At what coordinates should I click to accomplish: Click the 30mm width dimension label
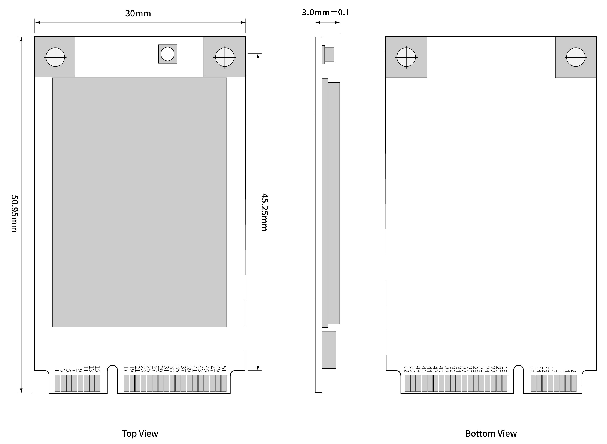pos(138,13)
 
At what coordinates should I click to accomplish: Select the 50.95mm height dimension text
pos(14,214)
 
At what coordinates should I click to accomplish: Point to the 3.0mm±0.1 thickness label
pos(326,12)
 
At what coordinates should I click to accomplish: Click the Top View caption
pos(140,434)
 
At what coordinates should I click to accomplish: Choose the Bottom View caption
pos(491,434)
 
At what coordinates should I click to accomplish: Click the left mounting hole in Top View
pos(55,57)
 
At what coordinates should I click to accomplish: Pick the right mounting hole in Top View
pos(225,57)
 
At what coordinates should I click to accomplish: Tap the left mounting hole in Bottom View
pos(406,57)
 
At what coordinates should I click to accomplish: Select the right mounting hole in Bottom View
pos(576,57)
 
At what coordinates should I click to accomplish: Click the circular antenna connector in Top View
pos(168,54)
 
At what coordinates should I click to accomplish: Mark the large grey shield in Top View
pos(139,202)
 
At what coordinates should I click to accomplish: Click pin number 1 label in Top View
pos(57,370)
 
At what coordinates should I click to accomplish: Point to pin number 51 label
pos(224,369)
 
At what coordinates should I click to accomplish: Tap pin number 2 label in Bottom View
pos(573,371)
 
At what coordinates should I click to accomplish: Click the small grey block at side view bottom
pos(329,350)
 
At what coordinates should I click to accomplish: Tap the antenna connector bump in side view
pos(329,55)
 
